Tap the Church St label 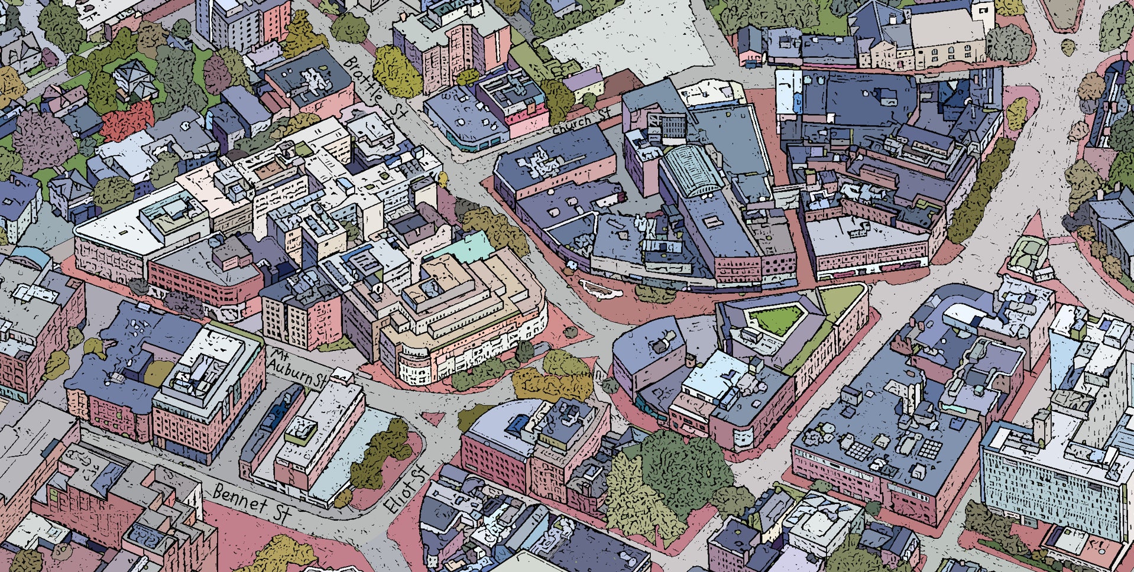click(581, 120)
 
